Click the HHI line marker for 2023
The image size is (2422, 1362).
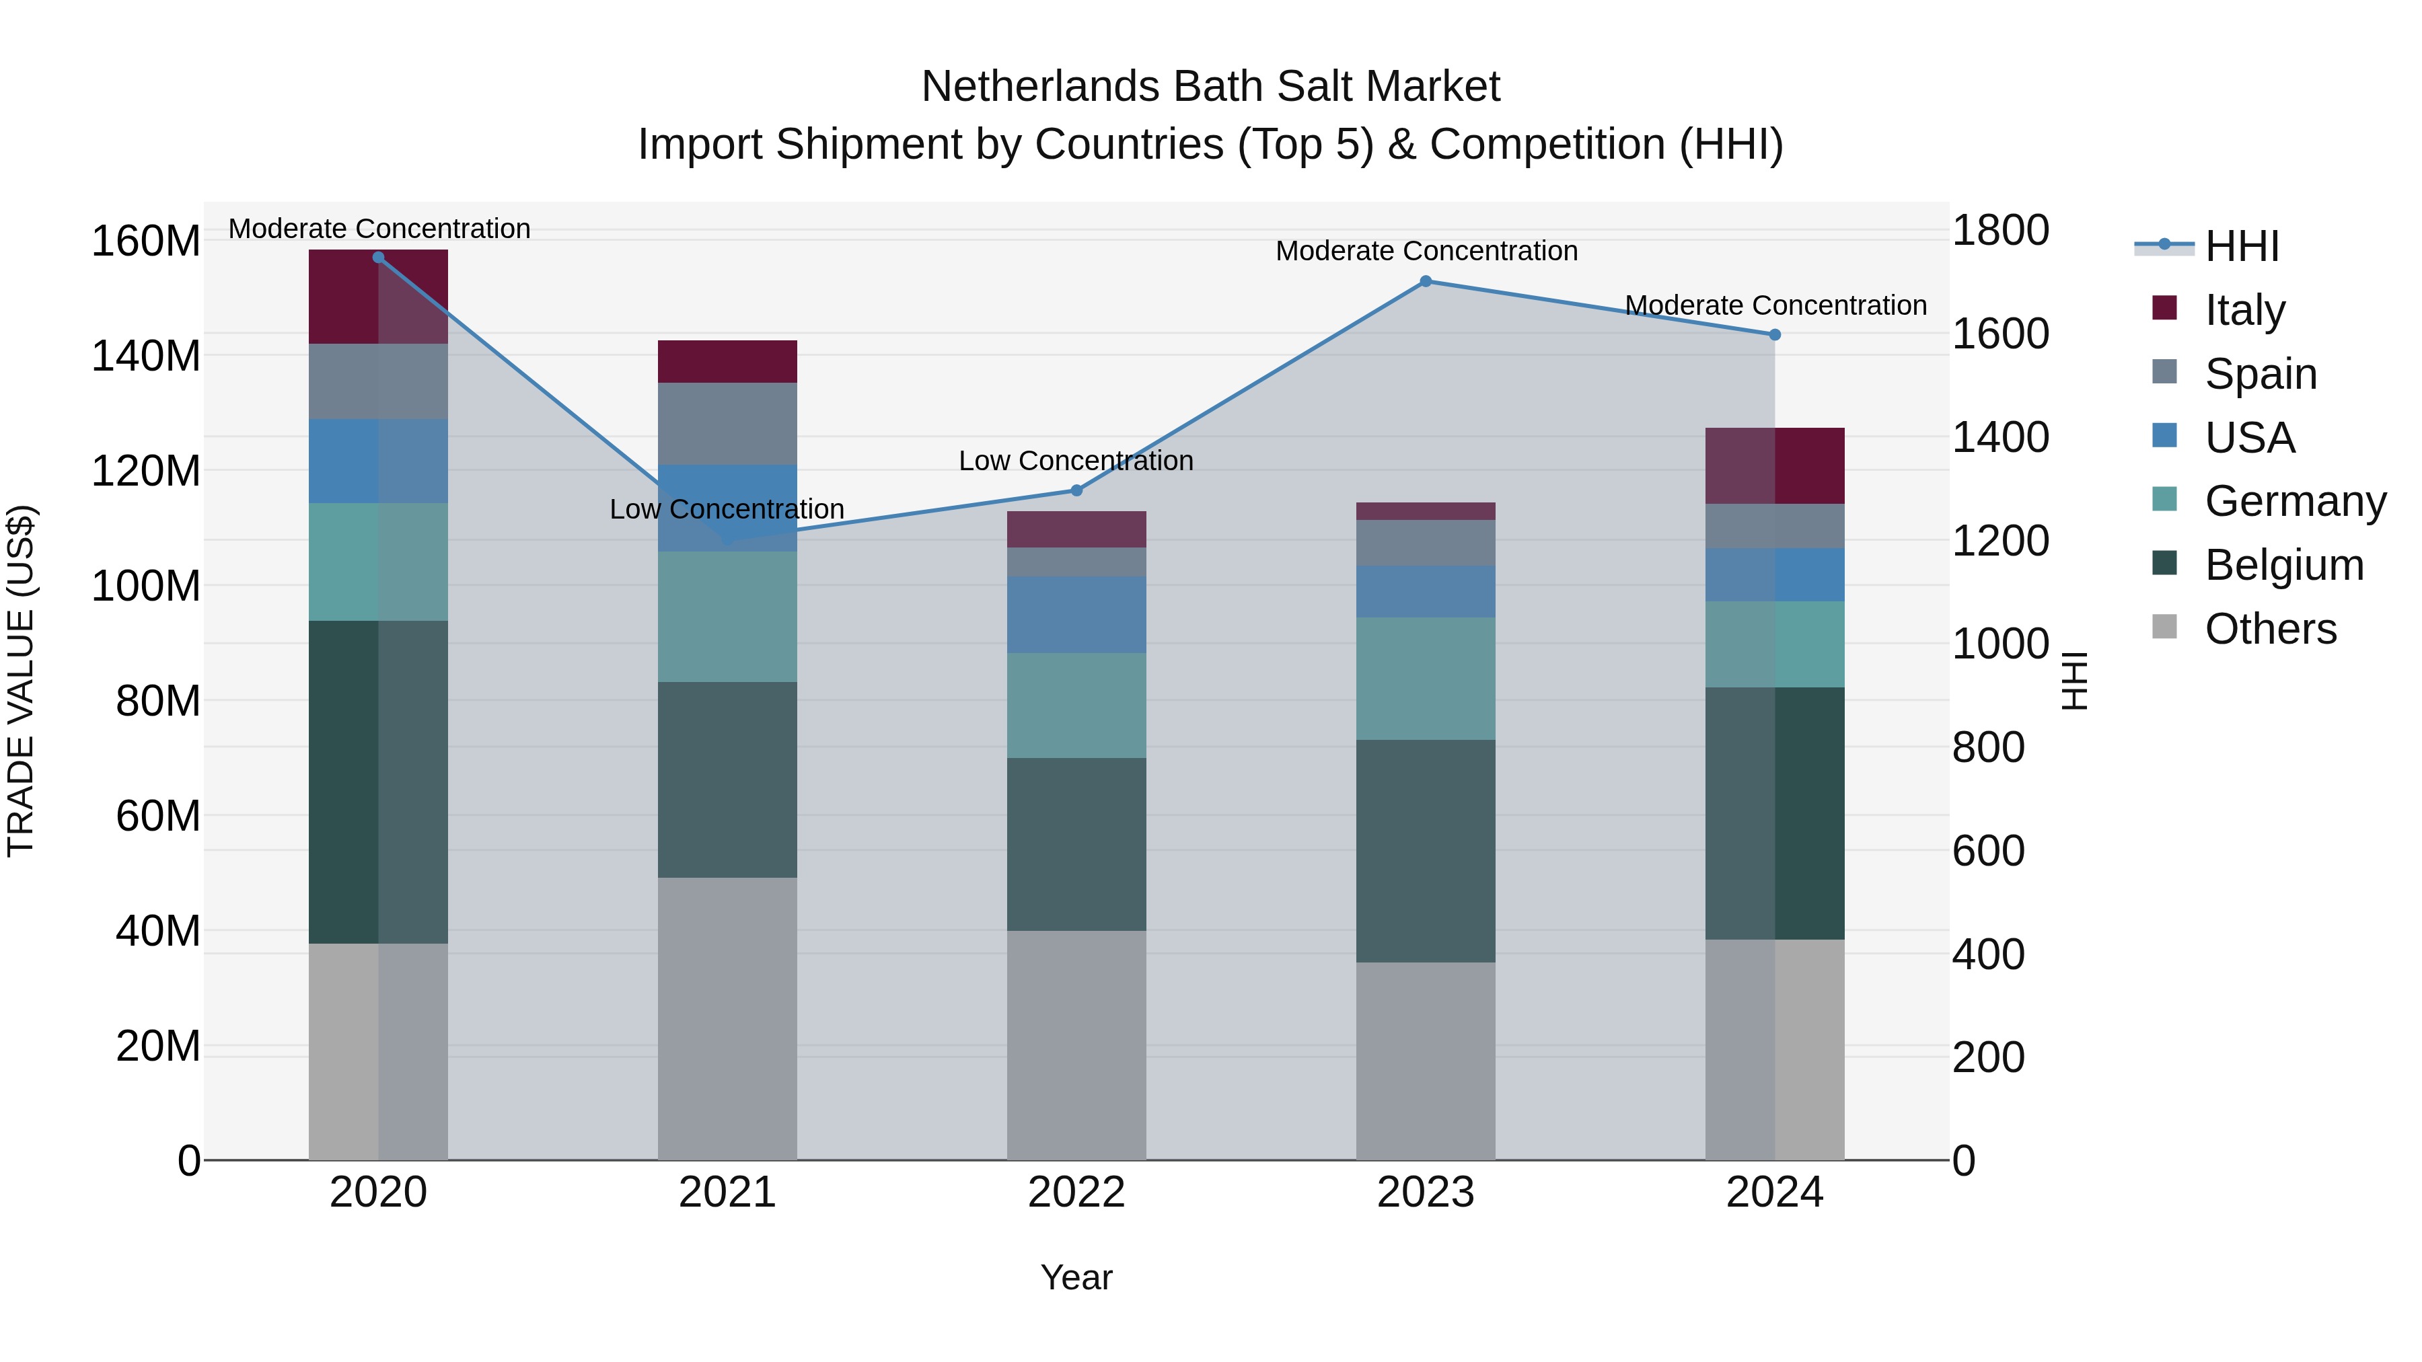click(1426, 281)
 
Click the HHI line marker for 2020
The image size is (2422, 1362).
click(378, 257)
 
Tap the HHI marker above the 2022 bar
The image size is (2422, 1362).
click(1076, 490)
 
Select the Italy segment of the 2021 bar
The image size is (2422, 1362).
click(727, 361)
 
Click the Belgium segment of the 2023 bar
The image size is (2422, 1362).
click(1426, 851)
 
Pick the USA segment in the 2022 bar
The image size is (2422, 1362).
click(1076, 614)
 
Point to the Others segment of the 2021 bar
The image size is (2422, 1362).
click(727, 1018)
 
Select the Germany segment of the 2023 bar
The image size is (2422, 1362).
click(1426, 678)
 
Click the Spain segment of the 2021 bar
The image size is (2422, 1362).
click(727, 423)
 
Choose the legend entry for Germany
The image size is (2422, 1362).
click(2294, 501)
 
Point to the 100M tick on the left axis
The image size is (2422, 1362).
click(146, 586)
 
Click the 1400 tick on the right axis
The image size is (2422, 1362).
click(2001, 437)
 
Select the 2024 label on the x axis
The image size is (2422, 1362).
click(1774, 1193)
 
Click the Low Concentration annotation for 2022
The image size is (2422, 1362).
click(1076, 461)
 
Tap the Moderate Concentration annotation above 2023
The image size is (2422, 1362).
click(1426, 251)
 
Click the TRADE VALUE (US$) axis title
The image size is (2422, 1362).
click(21, 681)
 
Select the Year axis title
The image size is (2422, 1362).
click(1076, 1277)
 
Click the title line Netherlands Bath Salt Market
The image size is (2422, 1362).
click(1210, 87)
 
